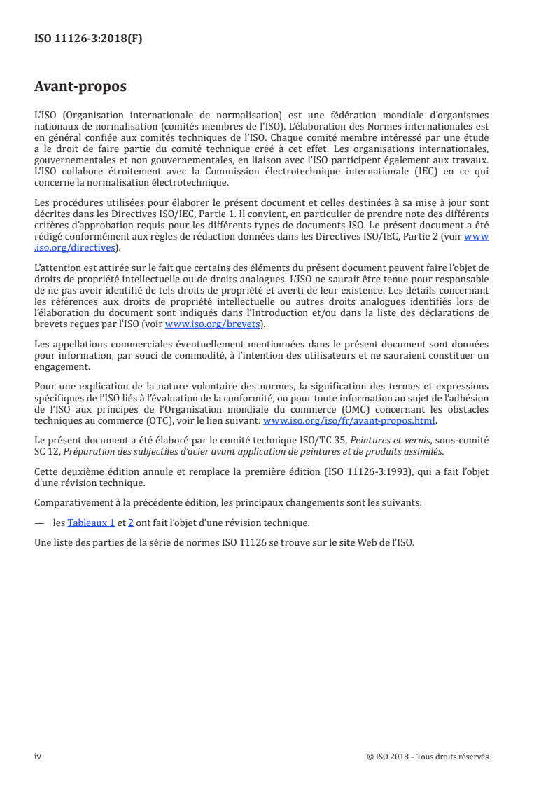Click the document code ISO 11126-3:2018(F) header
click(x=88, y=40)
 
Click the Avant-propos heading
click(x=80, y=88)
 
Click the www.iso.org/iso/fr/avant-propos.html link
click(x=349, y=421)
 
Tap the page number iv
click(x=38, y=757)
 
